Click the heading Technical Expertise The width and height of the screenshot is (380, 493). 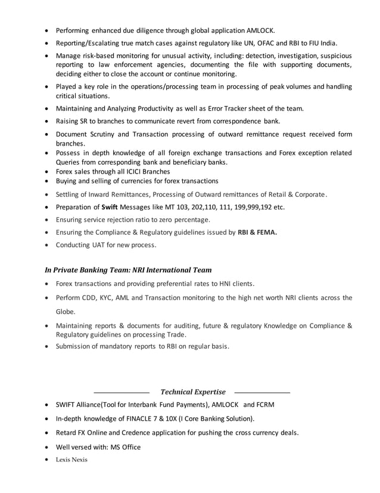193,392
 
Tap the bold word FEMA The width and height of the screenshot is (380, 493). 267,232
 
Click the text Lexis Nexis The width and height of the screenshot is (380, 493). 71,460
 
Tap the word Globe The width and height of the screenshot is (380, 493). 66,312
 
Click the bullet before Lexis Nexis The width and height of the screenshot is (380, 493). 47,460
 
